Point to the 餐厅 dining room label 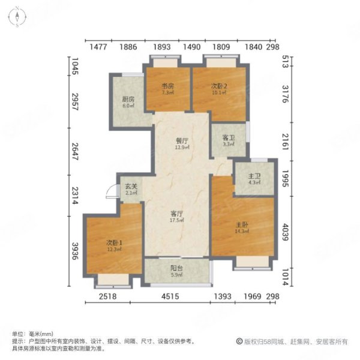[182, 140]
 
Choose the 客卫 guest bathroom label [228, 137]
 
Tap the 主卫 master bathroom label [254, 176]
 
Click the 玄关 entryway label [131, 187]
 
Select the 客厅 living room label [176, 213]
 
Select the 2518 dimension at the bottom [106, 296]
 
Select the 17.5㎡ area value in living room [176, 220]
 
